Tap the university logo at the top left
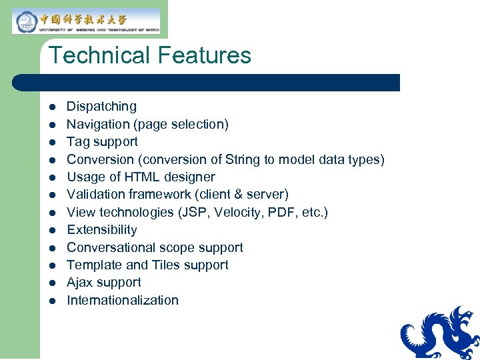[x=87, y=21]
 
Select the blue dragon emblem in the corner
[x=441, y=333]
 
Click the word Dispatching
[x=101, y=107]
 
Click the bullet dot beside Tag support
[x=52, y=142]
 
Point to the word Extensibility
[x=102, y=230]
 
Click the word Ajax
[x=80, y=283]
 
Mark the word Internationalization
[x=123, y=300]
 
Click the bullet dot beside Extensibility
[x=52, y=230]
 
